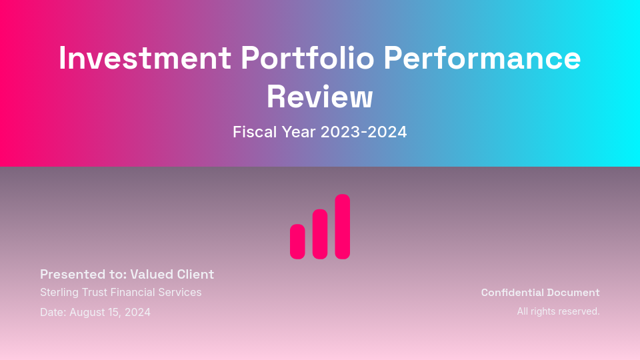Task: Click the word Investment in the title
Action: point(145,58)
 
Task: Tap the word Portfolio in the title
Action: point(307,58)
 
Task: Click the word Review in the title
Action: point(320,97)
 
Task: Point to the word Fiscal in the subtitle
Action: point(251,132)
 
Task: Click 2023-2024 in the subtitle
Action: point(363,132)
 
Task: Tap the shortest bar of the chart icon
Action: point(297,241)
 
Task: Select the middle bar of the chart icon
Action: point(320,234)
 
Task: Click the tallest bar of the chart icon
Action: point(343,227)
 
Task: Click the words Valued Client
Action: point(172,274)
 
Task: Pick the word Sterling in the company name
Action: point(59,292)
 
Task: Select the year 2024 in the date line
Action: point(138,312)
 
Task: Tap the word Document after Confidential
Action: point(573,293)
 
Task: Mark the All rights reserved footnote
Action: point(559,311)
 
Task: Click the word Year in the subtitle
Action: point(295,132)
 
